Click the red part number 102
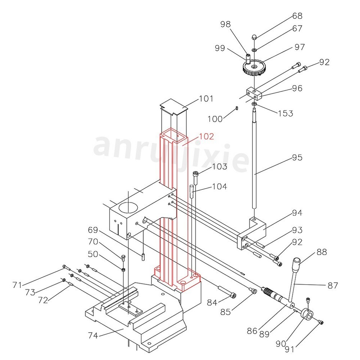click(207, 136)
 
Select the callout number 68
click(297, 16)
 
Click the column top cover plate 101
click(174, 106)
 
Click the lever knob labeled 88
click(297, 262)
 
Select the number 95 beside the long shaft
click(297, 157)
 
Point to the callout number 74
click(93, 335)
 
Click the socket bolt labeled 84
click(228, 292)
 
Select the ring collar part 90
click(306, 315)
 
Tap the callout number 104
click(220, 186)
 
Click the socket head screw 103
click(195, 175)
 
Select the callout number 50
click(93, 254)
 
